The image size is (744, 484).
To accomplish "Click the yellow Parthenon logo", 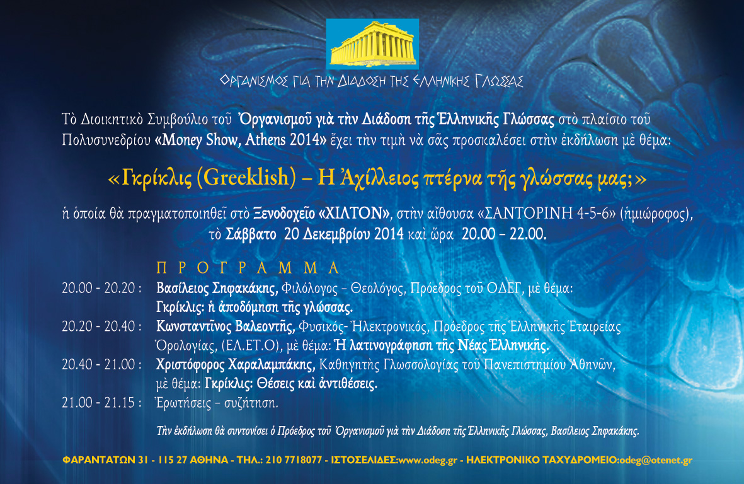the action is [372, 43].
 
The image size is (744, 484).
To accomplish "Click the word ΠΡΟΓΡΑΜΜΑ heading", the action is [248, 268].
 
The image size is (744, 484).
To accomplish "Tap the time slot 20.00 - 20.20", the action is [101, 288].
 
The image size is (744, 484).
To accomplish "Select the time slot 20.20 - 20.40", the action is [101, 326].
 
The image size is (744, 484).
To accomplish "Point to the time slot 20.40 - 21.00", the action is [101, 364].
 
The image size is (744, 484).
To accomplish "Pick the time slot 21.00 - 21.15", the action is [101, 403].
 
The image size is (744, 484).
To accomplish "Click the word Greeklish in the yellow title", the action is [246, 178].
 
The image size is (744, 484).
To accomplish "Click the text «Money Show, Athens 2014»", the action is [241, 140].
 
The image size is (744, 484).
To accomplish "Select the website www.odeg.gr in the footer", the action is [428, 460].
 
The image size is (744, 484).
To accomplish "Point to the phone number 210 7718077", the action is [294, 460].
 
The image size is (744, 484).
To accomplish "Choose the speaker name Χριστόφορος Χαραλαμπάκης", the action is [236, 365].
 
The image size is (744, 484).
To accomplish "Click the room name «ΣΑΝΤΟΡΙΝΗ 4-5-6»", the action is [546, 214].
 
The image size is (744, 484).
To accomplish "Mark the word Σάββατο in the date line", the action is [251, 234].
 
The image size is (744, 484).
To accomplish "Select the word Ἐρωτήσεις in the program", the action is [183, 403].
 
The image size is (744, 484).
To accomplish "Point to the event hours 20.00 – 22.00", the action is [504, 234].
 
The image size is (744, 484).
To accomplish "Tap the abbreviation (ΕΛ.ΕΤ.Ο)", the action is [251, 346].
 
